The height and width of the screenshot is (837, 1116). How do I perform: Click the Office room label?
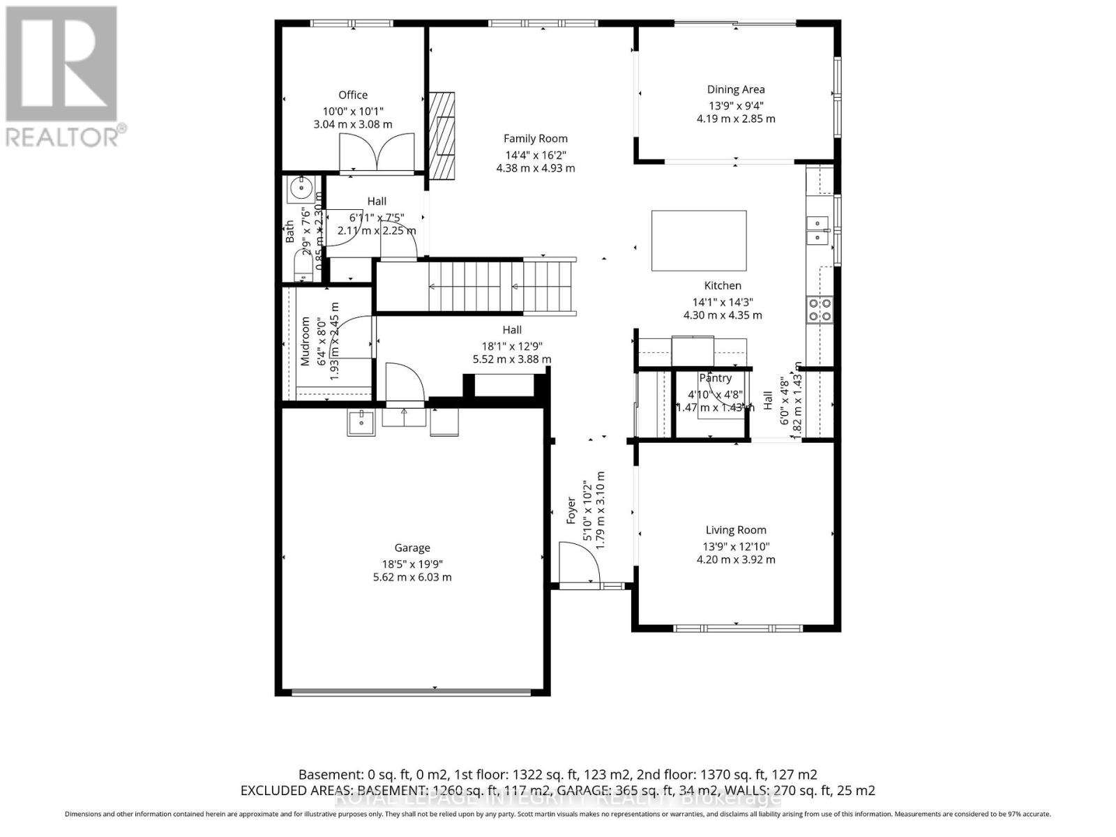click(353, 95)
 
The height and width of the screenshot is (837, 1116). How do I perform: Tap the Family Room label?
click(536, 138)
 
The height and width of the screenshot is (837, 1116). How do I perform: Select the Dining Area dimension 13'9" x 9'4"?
click(736, 105)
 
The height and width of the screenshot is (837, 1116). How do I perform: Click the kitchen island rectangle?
click(699, 240)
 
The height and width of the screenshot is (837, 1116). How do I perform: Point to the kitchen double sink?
click(815, 230)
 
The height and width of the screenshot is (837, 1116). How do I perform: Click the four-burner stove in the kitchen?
click(819, 309)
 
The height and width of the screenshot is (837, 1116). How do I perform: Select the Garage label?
click(412, 548)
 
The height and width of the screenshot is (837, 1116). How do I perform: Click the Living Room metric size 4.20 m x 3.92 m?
click(736, 559)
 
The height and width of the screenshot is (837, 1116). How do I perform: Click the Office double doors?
click(377, 152)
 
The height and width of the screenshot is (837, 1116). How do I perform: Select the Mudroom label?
click(305, 341)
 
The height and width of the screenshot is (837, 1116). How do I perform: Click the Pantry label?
click(715, 378)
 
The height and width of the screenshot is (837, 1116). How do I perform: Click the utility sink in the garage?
click(361, 423)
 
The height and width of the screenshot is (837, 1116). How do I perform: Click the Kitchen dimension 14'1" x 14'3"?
click(723, 302)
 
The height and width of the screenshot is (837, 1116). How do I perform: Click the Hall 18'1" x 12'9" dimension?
click(512, 346)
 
